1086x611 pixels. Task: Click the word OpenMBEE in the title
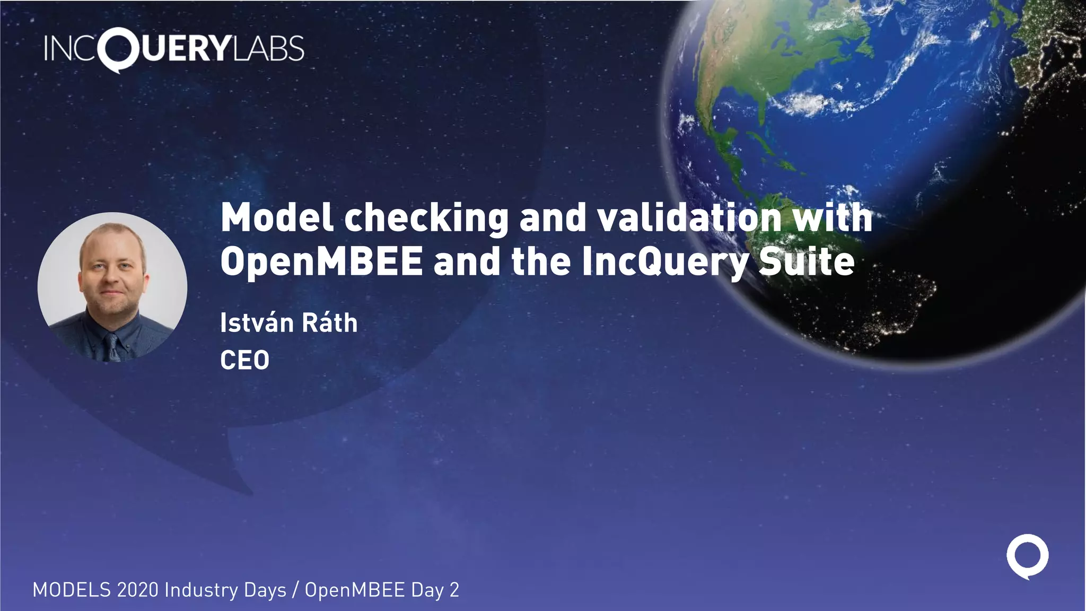pos(321,261)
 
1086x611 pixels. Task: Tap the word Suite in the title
pos(806,261)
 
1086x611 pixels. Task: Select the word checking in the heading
pos(427,218)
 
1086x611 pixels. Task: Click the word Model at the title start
pos(277,218)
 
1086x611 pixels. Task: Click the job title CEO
pos(244,361)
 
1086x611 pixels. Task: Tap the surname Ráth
pos(330,323)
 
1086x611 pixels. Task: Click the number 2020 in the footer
pos(137,590)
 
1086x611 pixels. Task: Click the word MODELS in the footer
pos(72,590)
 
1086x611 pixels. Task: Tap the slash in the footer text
pos(295,590)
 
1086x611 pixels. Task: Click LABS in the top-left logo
pos(268,48)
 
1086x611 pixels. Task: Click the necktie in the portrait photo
pos(112,347)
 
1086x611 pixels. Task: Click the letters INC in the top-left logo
pos(71,48)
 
